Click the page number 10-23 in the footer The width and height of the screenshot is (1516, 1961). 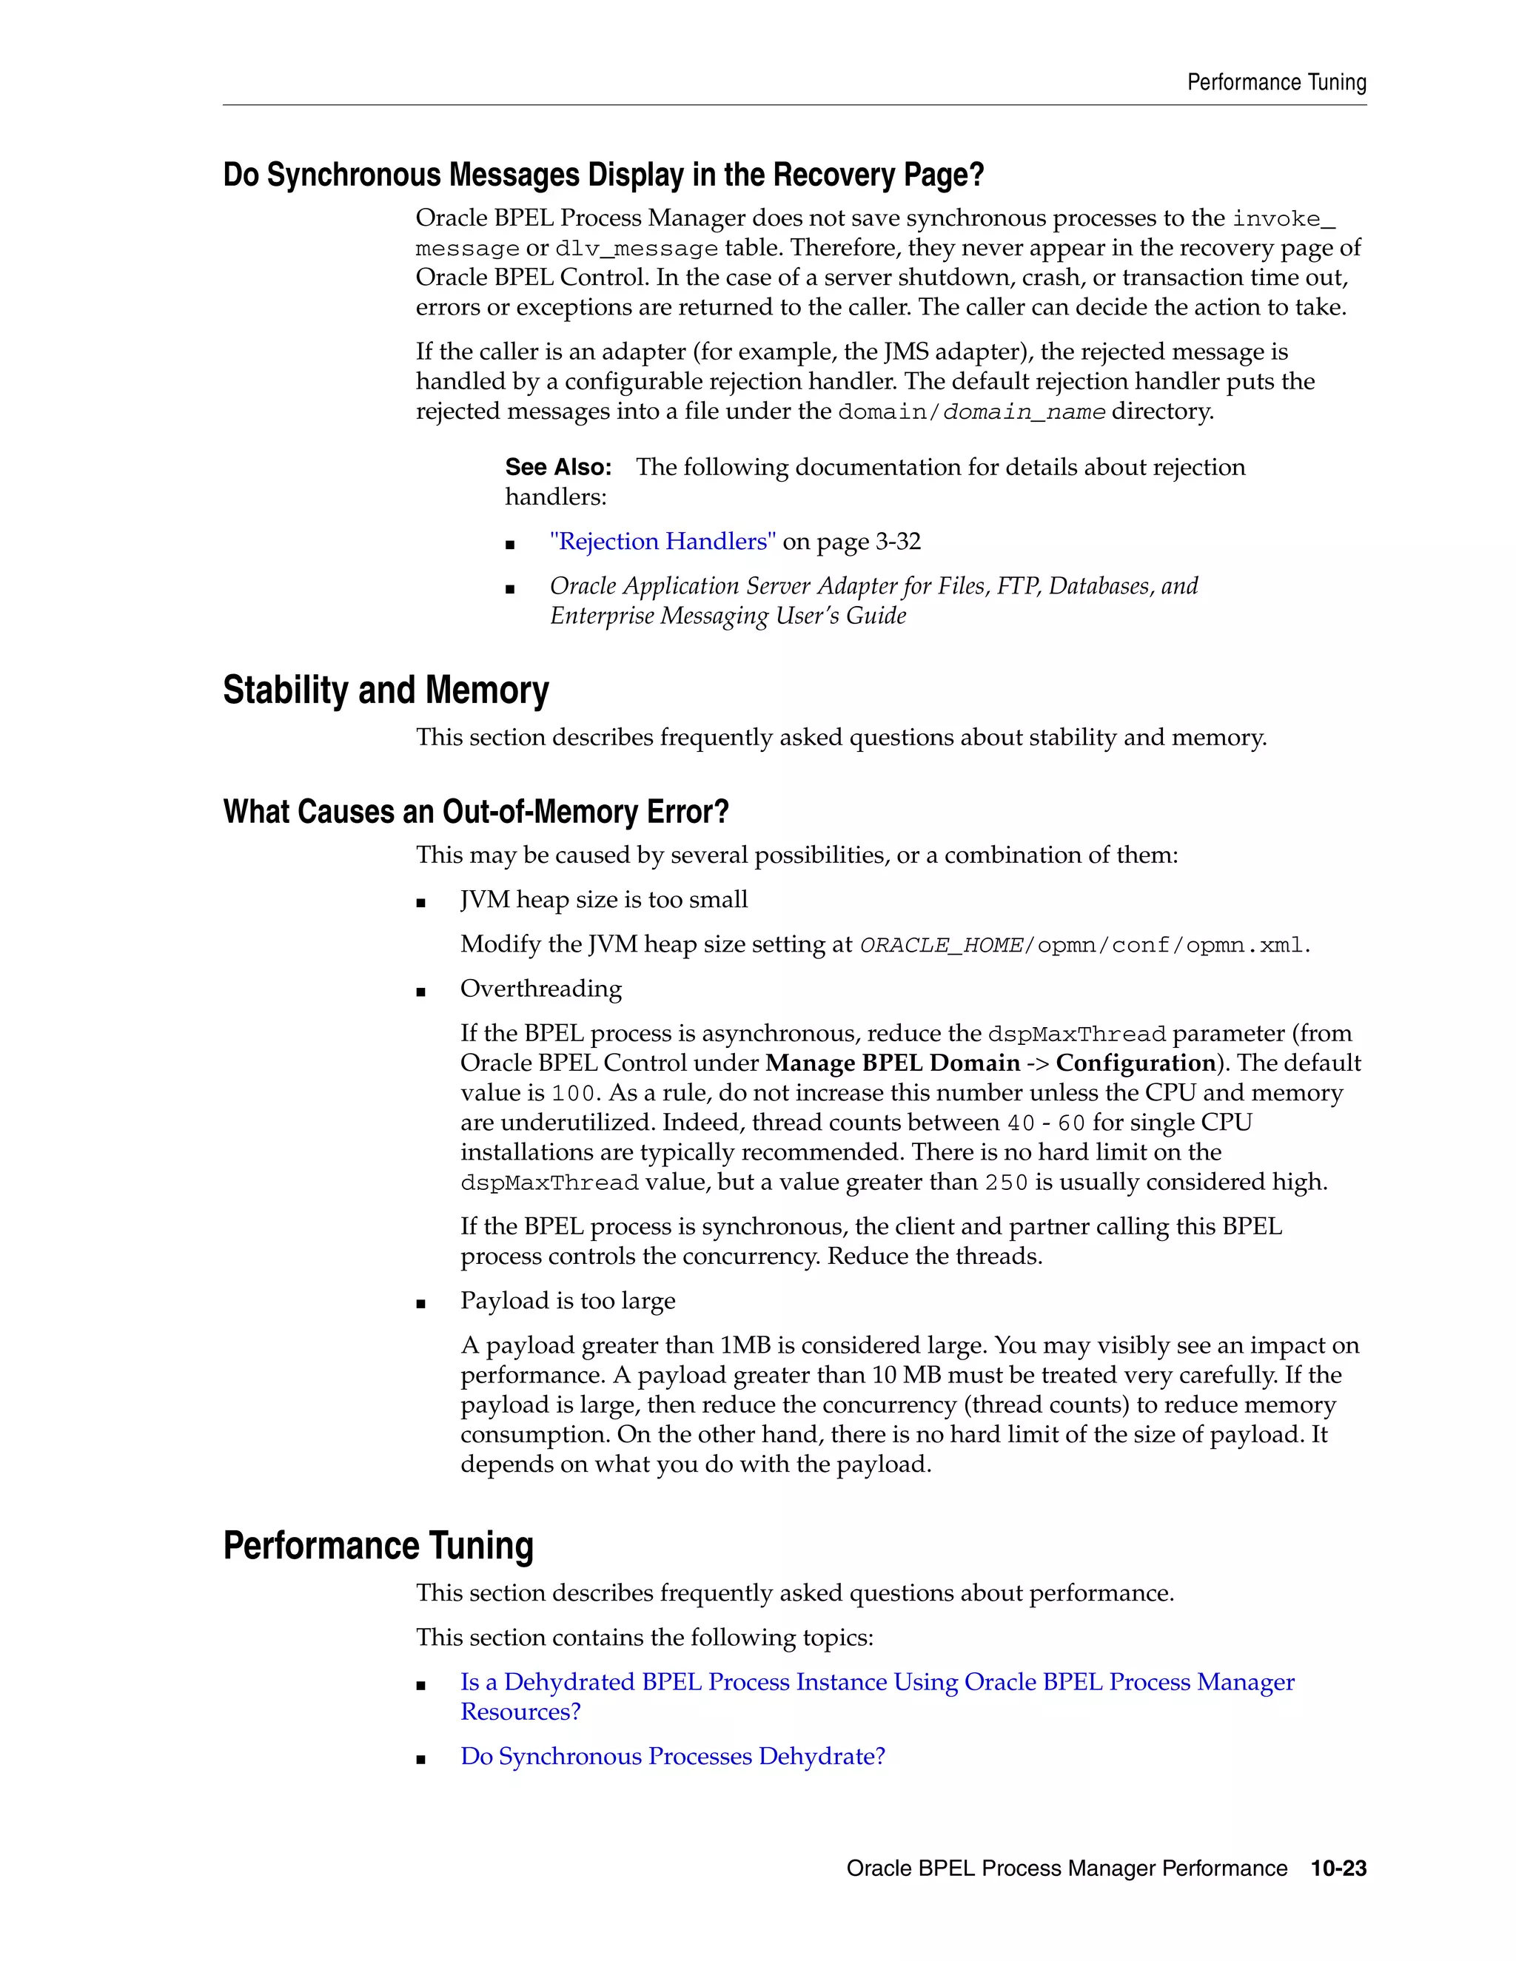click(1338, 1868)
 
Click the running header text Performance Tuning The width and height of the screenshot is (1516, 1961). click(1276, 83)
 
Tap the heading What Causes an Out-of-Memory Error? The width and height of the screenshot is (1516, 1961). click(475, 812)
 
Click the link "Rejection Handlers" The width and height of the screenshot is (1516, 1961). click(663, 542)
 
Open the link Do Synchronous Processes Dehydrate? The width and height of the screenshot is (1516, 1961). click(673, 1756)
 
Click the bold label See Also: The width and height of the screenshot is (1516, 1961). click(557, 467)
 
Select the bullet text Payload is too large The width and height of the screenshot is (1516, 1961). click(568, 1301)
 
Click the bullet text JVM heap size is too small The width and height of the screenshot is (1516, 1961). click(603, 900)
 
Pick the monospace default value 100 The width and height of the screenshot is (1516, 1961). click(573, 1094)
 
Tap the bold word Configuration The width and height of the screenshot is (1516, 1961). click(1136, 1063)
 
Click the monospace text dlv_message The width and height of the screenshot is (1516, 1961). click(637, 249)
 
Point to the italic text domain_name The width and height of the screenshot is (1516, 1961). click(1024, 412)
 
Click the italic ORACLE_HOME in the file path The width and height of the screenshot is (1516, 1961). click(942, 946)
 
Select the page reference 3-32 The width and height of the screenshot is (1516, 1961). click(898, 542)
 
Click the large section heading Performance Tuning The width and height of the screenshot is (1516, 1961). click(378, 1546)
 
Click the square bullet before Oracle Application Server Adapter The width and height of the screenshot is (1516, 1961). click(510, 589)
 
